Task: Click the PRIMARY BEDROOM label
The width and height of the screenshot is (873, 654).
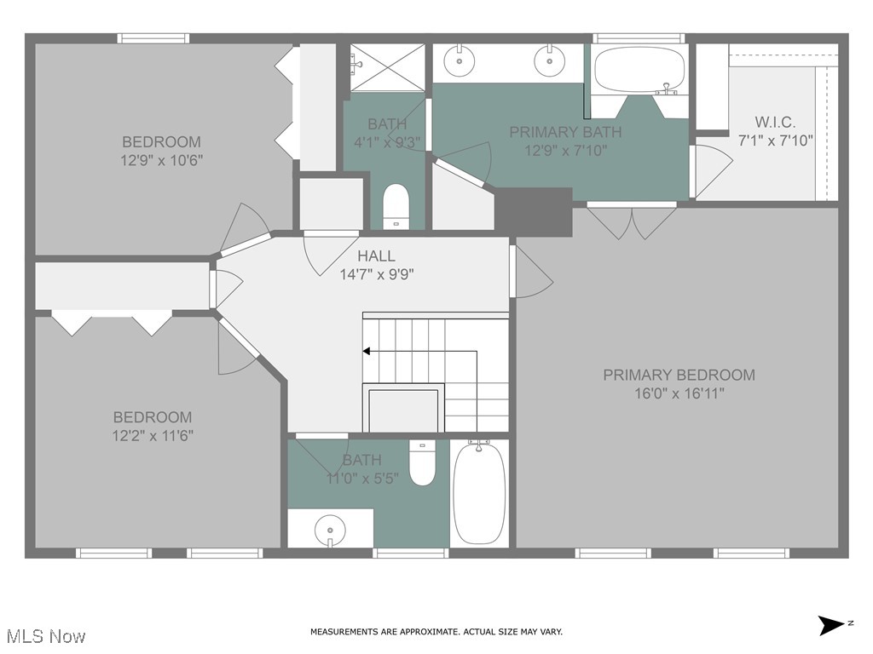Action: (679, 375)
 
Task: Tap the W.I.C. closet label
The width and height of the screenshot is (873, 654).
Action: (775, 122)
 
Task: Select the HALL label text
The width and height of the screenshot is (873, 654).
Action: (376, 255)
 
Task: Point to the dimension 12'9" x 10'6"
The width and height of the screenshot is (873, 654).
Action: (162, 160)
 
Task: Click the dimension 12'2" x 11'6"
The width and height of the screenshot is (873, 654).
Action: (153, 436)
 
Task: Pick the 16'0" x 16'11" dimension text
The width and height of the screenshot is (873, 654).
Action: (679, 393)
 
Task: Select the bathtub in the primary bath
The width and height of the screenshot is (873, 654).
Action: (639, 70)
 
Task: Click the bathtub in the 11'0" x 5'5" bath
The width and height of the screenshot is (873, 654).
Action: (478, 494)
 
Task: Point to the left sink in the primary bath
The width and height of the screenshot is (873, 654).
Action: (460, 60)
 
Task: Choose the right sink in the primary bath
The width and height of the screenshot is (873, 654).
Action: (549, 60)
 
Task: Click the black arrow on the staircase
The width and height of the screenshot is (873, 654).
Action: (367, 351)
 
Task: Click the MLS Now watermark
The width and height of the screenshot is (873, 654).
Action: (46, 636)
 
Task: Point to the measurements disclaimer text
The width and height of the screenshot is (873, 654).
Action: (436, 632)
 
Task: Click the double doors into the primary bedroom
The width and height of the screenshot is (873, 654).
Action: (632, 220)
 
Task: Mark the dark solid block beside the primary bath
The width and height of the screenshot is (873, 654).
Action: (534, 211)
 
